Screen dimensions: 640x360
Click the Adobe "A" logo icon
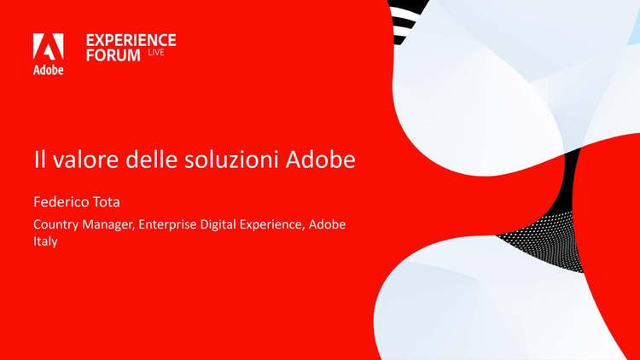pos(48,47)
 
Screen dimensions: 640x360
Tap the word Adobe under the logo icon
pos(48,70)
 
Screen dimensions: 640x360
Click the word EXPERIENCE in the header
pos(131,40)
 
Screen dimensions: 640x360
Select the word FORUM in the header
pos(113,55)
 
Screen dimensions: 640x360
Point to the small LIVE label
pos(156,52)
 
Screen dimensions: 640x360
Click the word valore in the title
pos(87,160)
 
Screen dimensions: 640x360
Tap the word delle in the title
pos(151,160)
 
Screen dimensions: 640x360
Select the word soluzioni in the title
pos(231,160)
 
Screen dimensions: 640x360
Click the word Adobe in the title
pos(320,160)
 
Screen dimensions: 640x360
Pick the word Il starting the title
pos(39,160)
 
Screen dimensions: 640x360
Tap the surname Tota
pos(107,202)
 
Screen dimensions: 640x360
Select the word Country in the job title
pos(56,225)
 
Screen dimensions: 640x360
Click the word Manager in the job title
pos(108,225)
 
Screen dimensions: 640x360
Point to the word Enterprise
pos(167,225)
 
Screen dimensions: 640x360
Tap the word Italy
pos(45,241)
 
